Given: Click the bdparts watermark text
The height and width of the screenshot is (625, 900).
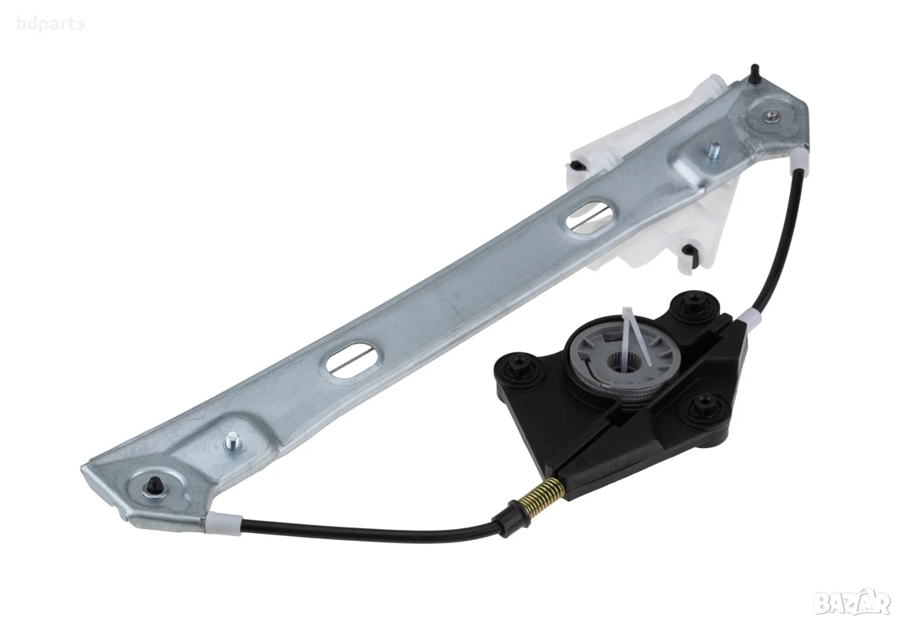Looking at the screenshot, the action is click(x=50, y=24).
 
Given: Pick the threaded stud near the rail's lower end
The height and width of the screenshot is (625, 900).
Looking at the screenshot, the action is click(x=233, y=442).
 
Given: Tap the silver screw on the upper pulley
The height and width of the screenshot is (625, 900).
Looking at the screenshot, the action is click(x=770, y=116).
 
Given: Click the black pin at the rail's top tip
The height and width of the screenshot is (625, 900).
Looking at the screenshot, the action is click(x=753, y=73).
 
